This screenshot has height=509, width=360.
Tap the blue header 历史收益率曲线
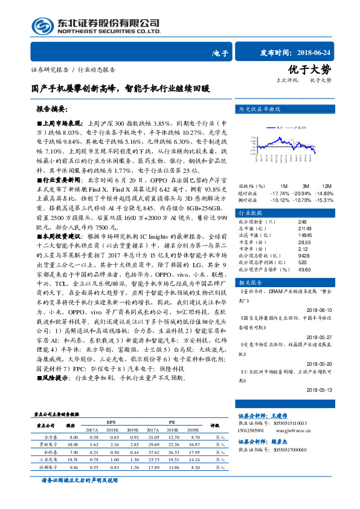click(x=260, y=109)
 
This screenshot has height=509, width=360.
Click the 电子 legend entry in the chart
click(x=280, y=128)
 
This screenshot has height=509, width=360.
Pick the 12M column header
click(x=327, y=185)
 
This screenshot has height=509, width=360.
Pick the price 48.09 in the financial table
click(x=74, y=444)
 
